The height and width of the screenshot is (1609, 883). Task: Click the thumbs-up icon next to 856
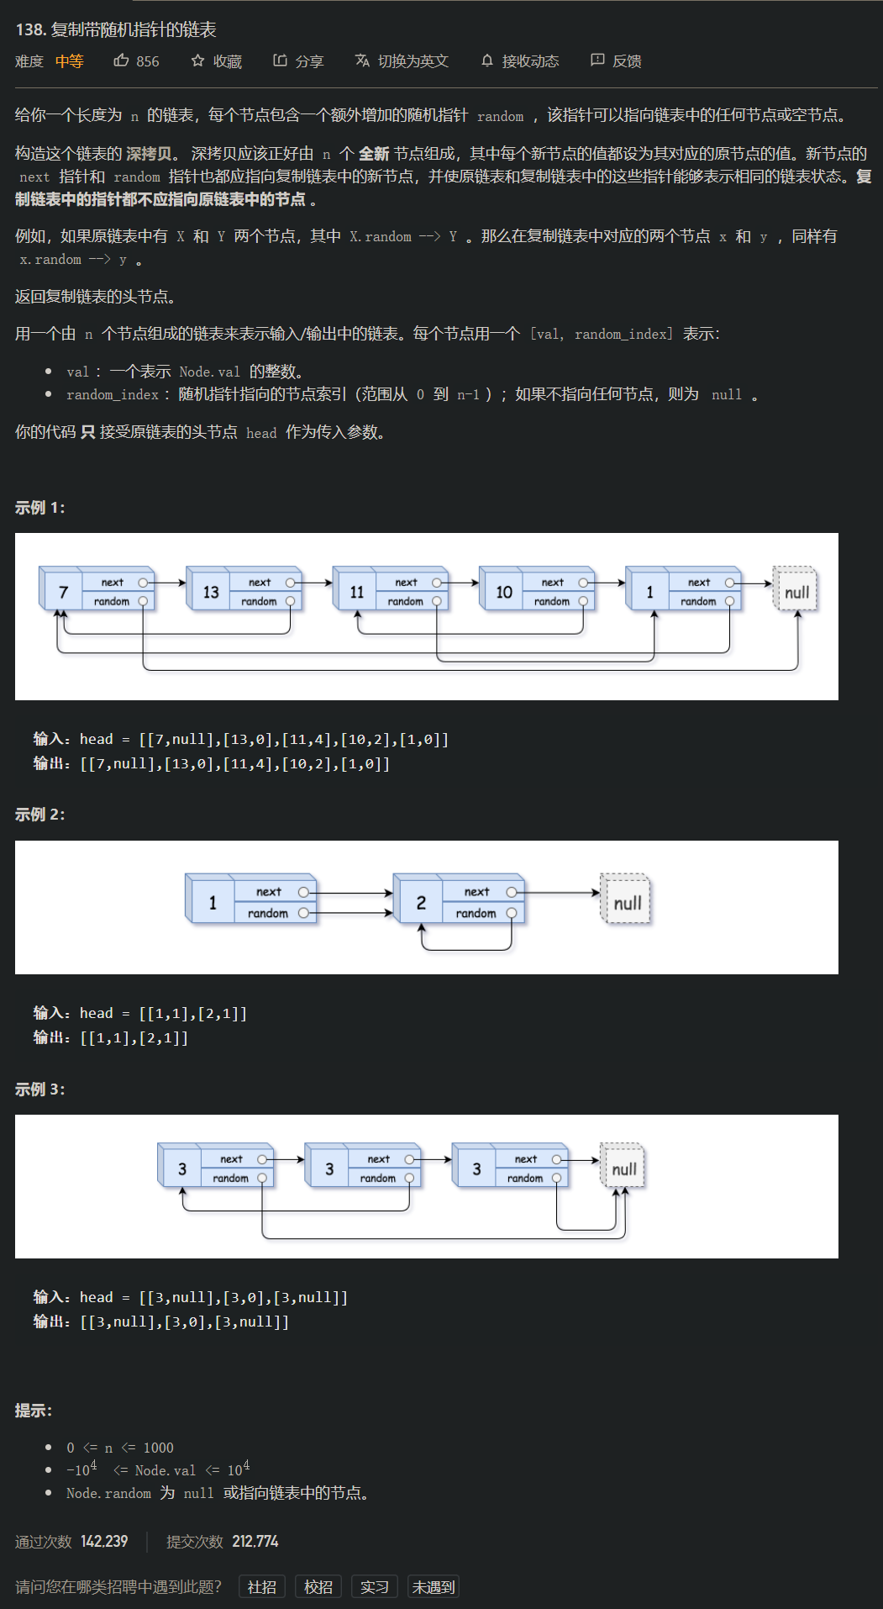pyautogui.click(x=121, y=61)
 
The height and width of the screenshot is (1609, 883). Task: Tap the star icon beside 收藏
pyautogui.click(x=197, y=61)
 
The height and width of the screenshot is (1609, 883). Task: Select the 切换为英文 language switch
pyautogui.click(x=402, y=61)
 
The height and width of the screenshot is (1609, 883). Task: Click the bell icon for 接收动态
pyautogui.click(x=487, y=61)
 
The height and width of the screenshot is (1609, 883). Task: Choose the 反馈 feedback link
pyautogui.click(x=617, y=61)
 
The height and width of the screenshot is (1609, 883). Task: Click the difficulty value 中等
pyautogui.click(x=70, y=61)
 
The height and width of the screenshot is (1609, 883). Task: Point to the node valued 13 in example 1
pyautogui.click(x=211, y=592)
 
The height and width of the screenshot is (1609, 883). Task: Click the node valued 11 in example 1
pyautogui.click(x=357, y=592)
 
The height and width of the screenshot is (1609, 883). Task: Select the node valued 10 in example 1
pyautogui.click(x=504, y=592)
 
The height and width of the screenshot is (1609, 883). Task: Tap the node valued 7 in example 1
pyautogui.click(x=63, y=592)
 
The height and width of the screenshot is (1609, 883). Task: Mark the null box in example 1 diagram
pyautogui.click(x=796, y=592)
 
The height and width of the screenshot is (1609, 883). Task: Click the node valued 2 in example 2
pyautogui.click(x=421, y=903)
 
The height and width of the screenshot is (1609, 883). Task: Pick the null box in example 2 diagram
pyautogui.click(x=627, y=903)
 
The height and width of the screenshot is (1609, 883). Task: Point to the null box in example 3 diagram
pyautogui.click(x=623, y=1169)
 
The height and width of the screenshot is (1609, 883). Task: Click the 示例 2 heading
pyautogui.click(x=39, y=815)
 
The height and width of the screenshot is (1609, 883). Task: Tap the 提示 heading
pyautogui.click(x=33, y=1411)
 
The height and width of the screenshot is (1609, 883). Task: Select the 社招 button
pyautogui.click(x=262, y=1587)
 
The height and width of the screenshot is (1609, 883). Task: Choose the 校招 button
pyautogui.click(x=318, y=1587)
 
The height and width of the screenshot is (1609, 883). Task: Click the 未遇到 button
pyautogui.click(x=433, y=1587)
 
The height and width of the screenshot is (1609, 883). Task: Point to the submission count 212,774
pyautogui.click(x=255, y=1542)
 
